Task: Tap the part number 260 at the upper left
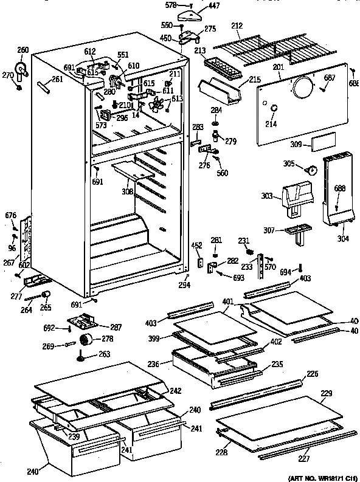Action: pyautogui.click(x=22, y=50)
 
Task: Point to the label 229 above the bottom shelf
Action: pyautogui.click(x=326, y=394)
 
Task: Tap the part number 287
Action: pyautogui.click(x=116, y=327)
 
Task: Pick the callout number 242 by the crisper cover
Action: pyautogui.click(x=175, y=390)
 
